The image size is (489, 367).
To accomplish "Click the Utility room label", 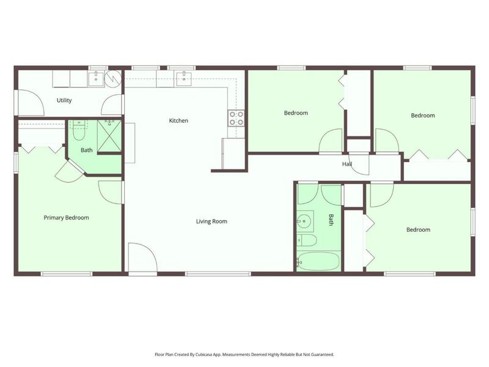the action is point(64,100).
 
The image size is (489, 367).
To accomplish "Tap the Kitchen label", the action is point(178,120).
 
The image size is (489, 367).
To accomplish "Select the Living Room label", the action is point(211,221).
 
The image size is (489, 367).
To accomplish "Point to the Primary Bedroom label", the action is point(66,218).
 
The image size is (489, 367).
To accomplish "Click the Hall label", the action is point(347,164).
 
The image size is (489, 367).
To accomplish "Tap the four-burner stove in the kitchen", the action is point(236,118).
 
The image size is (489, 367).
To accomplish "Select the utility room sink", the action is point(96,79).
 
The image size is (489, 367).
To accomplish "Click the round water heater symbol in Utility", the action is point(112,78).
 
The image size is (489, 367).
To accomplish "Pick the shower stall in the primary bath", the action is point(109,136).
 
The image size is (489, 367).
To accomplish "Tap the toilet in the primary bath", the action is point(79,131).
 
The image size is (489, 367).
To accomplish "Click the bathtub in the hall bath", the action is point(318,261).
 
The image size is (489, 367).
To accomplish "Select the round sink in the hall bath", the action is point(304,221).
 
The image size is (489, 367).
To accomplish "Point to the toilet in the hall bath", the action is point(307,240).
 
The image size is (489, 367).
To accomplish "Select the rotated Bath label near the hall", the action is point(331,220).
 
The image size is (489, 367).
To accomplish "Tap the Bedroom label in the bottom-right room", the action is point(418,230).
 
